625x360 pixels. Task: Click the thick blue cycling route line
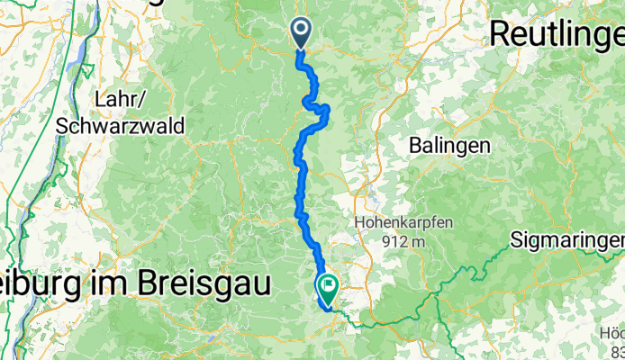click(x=300, y=180)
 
